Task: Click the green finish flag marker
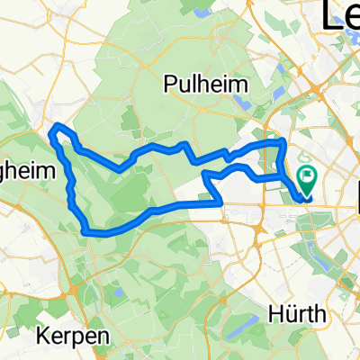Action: (x=306, y=180)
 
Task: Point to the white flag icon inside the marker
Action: (x=306, y=176)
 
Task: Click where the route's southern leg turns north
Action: (x=220, y=203)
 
